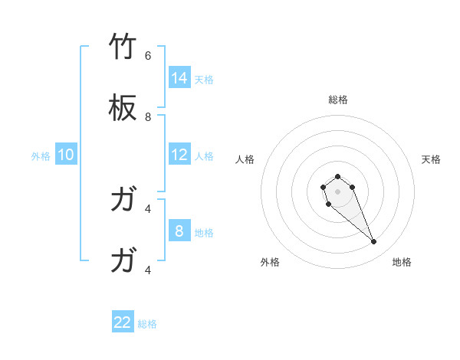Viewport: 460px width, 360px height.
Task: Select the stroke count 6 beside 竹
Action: click(x=148, y=56)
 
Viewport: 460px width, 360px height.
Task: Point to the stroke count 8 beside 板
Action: click(x=148, y=117)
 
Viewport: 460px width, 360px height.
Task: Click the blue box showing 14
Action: click(x=179, y=77)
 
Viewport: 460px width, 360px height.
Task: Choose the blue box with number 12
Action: click(x=179, y=155)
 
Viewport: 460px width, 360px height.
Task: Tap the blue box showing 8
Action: click(x=179, y=231)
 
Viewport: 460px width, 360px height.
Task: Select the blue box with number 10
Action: click(x=66, y=155)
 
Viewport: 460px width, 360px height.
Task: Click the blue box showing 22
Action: click(x=123, y=322)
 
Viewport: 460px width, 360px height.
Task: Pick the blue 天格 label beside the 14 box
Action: click(x=204, y=79)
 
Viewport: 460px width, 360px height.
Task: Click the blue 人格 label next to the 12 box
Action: click(x=204, y=156)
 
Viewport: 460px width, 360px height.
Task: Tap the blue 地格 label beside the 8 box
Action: click(x=204, y=233)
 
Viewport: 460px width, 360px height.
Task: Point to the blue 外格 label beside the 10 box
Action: click(x=41, y=156)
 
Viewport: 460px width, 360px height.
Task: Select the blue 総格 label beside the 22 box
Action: click(x=147, y=324)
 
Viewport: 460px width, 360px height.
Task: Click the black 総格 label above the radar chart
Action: click(x=338, y=100)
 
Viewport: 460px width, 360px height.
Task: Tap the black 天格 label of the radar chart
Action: click(x=431, y=159)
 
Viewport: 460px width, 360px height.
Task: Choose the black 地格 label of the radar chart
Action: click(x=402, y=262)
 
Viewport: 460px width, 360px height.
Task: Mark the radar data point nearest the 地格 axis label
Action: click(x=374, y=242)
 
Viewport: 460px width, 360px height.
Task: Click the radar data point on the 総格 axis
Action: click(x=338, y=176)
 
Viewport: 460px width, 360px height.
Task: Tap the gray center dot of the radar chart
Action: click(x=338, y=191)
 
